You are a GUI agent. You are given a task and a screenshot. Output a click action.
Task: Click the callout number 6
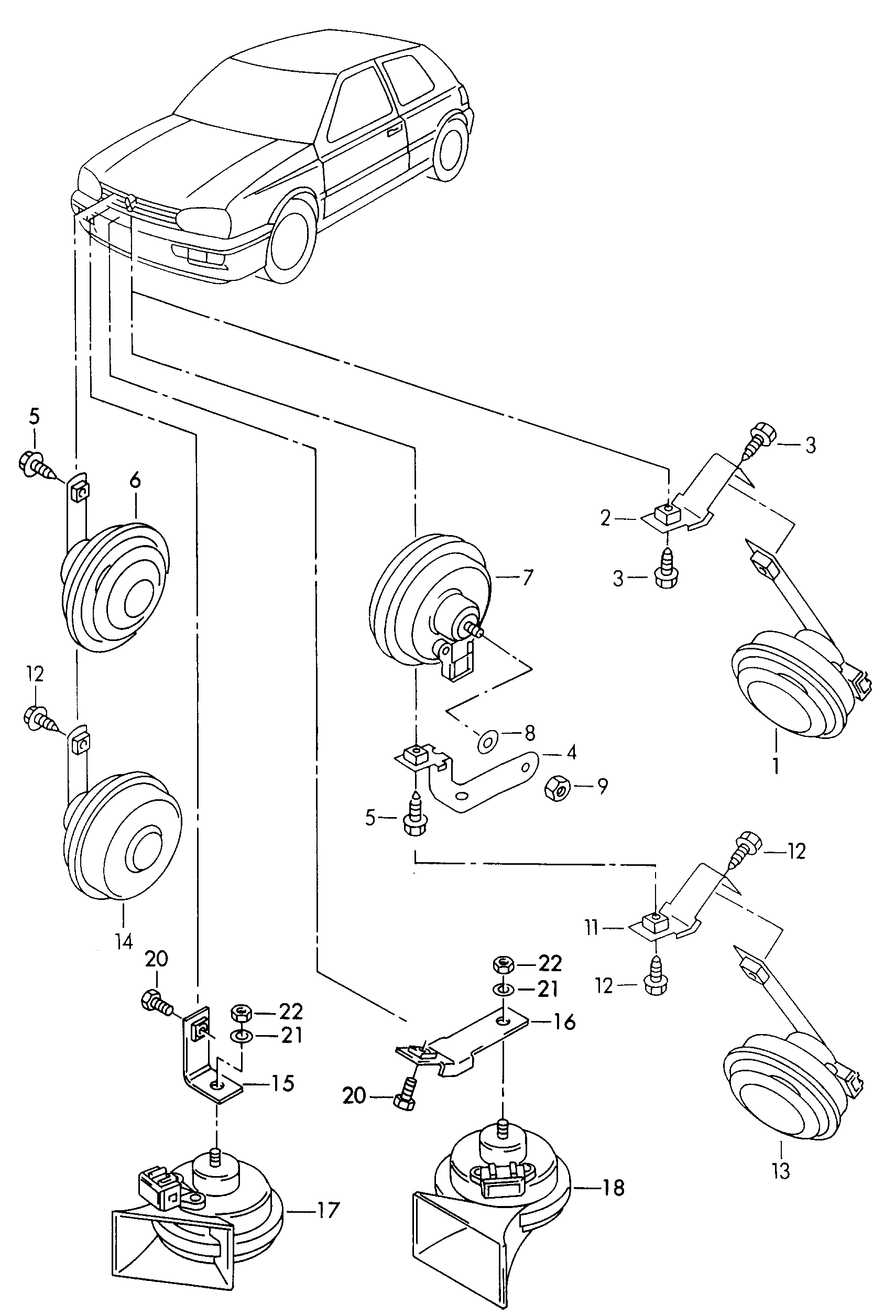135,481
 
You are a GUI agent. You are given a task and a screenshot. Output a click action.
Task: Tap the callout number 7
528,578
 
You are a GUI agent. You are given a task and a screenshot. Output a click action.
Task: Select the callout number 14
124,941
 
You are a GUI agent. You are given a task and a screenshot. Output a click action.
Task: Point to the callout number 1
776,766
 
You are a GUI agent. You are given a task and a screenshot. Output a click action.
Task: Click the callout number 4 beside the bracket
572,752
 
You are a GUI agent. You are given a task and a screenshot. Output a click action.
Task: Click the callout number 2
606,518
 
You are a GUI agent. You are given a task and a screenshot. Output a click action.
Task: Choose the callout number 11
592,928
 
